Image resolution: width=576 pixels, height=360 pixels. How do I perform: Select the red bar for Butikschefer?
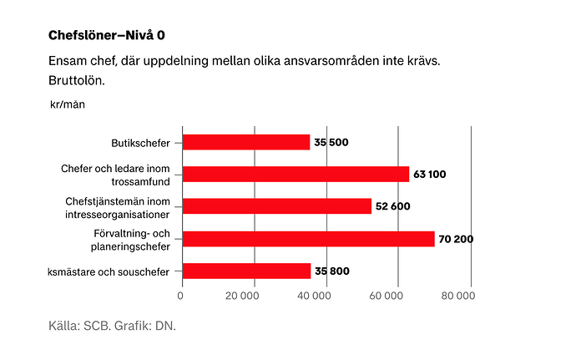[245, 142]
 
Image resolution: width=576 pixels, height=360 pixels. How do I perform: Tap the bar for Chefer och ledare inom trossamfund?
[296, 174]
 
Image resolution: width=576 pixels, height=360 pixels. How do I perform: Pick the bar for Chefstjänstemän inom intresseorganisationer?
[276, 205]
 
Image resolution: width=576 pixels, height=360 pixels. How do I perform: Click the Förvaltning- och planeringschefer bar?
[308, 239]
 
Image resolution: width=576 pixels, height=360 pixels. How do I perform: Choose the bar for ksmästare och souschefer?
[246, 271]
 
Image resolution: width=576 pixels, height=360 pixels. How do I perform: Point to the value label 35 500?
[331, 142]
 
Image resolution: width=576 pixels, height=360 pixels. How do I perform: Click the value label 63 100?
[430, 174]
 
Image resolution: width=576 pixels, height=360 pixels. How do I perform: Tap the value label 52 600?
[392, 206]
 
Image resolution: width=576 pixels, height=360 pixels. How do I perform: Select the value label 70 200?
[456, 239]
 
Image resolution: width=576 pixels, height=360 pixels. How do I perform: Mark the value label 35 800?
[331, 271]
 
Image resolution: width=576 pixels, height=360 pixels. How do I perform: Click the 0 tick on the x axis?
[181, 294]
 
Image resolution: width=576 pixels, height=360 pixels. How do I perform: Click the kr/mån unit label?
[68, 104]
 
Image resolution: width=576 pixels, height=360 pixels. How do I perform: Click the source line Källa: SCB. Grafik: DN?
[112, 326]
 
